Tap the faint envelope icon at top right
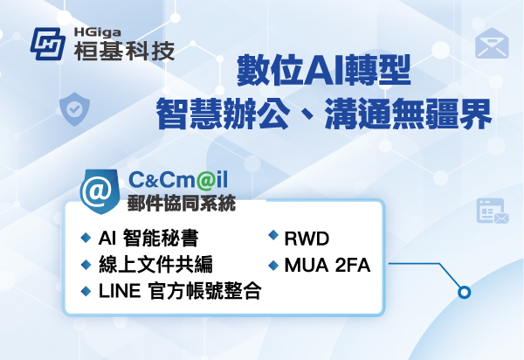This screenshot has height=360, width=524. (493, 42)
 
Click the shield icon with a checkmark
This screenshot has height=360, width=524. (72, 109)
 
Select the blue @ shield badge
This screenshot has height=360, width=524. (98, 188)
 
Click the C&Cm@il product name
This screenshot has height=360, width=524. (178, 180)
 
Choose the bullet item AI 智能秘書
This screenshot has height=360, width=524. (149, 238)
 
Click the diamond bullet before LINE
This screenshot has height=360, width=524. (86, 291)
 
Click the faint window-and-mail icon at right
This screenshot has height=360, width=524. (493, 211)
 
